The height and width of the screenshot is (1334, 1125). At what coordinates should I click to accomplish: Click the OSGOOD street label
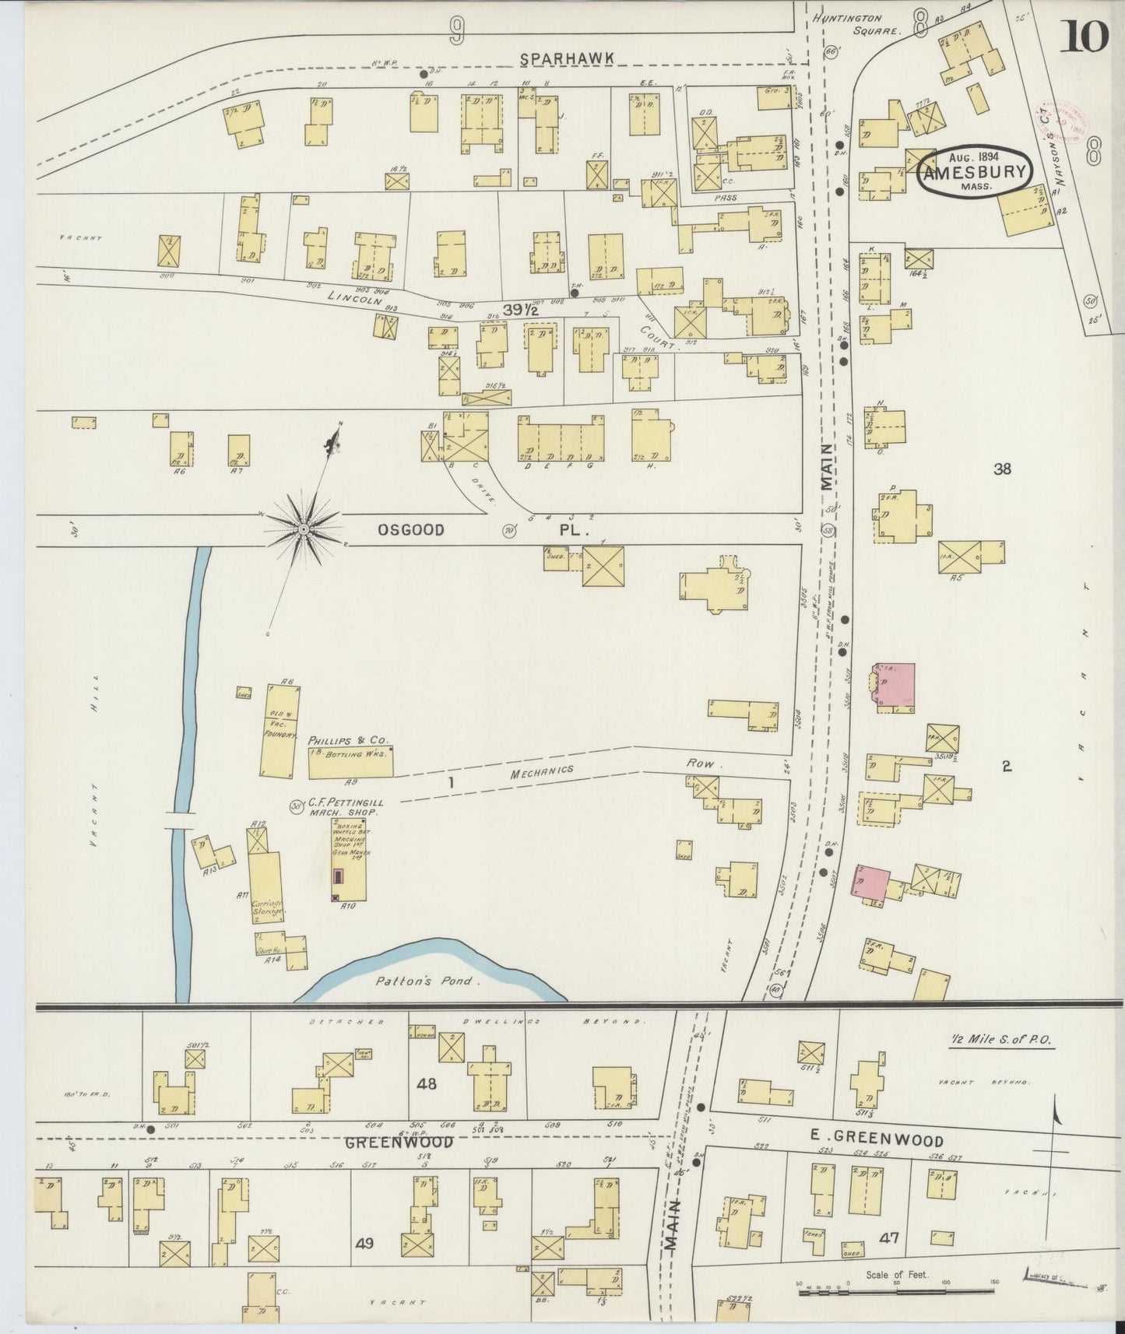point(411,530)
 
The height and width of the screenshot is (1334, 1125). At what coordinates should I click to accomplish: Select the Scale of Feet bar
point(895,1293)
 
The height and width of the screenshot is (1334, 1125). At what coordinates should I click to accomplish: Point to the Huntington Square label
point(857,24)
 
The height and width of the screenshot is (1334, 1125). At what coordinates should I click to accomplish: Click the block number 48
point(427,1083)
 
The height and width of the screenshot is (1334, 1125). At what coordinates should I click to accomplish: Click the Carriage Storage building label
point(267,909)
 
